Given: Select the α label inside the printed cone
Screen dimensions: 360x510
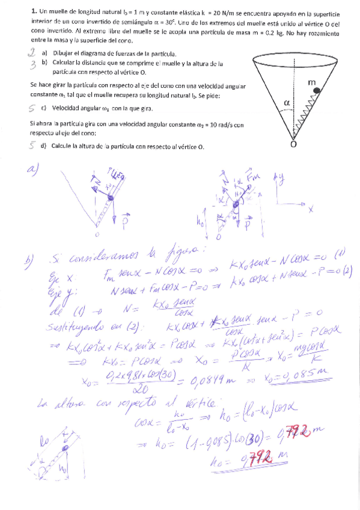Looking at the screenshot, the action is (x=287, y=103).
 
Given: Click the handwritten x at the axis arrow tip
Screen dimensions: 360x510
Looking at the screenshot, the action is (x=311, y=210).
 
